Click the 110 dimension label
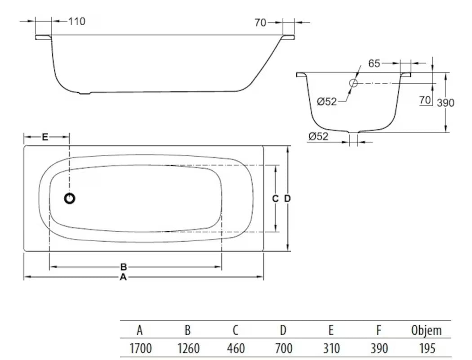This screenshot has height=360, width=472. point(76,21)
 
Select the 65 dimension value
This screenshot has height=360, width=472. point(374,63)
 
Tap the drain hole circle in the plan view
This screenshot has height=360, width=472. point(70,198)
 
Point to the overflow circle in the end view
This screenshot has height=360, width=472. point(353,83)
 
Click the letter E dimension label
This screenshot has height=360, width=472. point(45,137)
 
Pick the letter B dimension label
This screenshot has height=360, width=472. point(124,267)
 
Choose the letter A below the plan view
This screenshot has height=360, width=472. point(123,278)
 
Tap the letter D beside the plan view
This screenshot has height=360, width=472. point(288,198)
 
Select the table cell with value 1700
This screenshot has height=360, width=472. point(140,348)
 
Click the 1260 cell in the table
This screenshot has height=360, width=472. point(188,348)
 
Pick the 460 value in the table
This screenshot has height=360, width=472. point(235,348)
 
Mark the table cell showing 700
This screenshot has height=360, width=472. point(283,348)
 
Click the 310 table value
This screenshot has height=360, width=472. point(330,348)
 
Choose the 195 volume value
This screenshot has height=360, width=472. point(426,348)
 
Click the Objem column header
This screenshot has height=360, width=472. point(426,330)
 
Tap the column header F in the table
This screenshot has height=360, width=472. point(378,330)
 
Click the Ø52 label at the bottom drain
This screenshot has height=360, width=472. point(319,136)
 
